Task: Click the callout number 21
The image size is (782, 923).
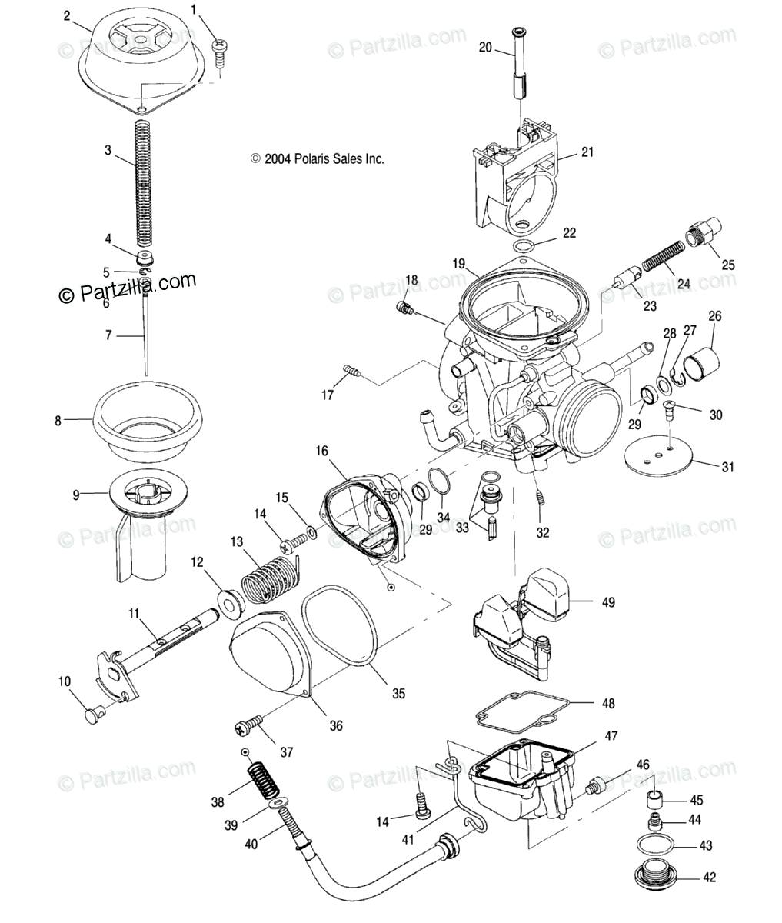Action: [587, 152]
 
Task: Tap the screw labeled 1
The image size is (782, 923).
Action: [220, 48]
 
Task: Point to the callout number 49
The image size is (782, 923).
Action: [608, 602]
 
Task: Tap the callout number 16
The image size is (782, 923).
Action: [321, 452]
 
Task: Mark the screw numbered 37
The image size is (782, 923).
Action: [249, 724]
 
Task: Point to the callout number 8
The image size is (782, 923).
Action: [57, 420]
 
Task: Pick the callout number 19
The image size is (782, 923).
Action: [459, 263]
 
